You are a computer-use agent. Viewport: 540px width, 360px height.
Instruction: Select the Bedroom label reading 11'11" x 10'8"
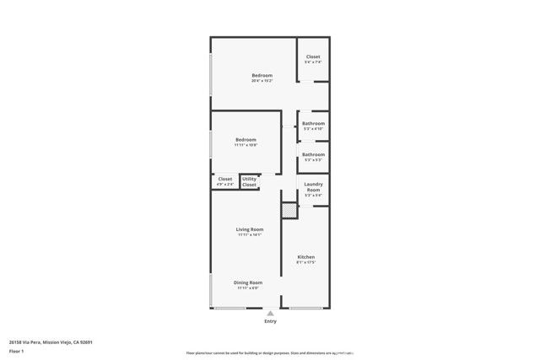click(x=246, y=139)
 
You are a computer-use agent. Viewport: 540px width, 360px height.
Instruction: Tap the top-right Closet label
click(x=313, y=56)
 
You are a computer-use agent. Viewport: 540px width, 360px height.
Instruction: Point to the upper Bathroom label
click(x=313, y=123)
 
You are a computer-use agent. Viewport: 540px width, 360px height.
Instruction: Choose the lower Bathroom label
click(x=313, y=154)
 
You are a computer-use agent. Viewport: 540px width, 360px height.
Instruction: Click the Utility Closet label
click(x=250, y=181)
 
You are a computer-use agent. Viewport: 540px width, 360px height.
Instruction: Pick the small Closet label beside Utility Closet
click(x=224, y=179)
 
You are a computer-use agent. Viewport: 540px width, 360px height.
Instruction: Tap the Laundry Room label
click(x=313, y=190)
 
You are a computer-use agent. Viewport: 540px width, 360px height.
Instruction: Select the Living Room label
click(x=250, y=229)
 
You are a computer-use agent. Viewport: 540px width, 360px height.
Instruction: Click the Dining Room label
click(x=248, y=282)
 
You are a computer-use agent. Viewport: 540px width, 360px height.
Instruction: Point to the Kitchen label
click(x=305, y=256)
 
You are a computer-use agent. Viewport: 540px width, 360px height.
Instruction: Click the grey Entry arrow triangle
click(x=270, y=313)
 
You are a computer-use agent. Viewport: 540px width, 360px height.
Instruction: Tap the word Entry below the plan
click(x=270, y=321)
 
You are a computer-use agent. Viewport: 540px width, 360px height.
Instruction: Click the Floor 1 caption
click(x=17, y=350)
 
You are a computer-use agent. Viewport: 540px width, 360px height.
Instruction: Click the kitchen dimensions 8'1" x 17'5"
click(x=305, y=262)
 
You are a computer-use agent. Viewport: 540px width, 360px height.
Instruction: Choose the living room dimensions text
click(x=250, y=235)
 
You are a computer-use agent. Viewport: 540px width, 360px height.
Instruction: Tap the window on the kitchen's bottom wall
click(x=304, y=308)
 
